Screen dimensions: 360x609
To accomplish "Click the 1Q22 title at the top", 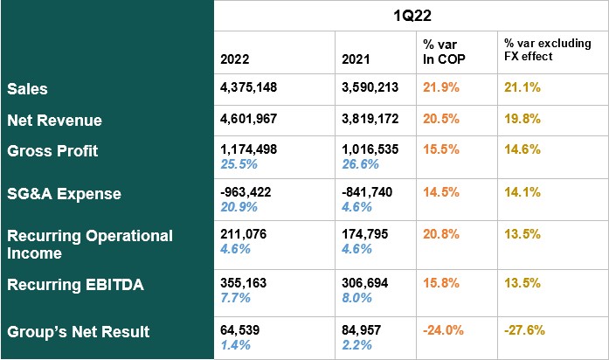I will pos(411,16).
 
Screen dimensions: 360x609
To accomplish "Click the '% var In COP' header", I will pos(445,51).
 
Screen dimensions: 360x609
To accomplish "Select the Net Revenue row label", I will pos(54,120).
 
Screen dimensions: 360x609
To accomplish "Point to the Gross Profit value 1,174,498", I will pos(249,149).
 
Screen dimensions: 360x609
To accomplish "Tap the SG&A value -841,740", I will pos(368,194).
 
